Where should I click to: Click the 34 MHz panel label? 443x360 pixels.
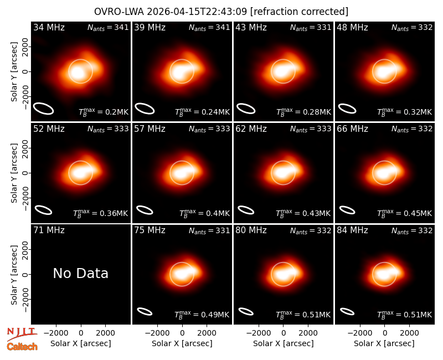point(49,27)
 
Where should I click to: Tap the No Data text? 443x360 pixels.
point(80,273)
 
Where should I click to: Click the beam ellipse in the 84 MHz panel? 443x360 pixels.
point(347,311)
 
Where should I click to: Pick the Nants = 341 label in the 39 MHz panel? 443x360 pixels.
point(209,27)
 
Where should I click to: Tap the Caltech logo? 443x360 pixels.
point(22,347)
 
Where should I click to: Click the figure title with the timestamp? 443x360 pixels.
point(221,12)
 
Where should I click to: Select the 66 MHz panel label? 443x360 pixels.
point(352,129)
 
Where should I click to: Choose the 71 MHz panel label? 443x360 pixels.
point(49,230)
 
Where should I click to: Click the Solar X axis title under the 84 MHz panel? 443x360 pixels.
point(384,343)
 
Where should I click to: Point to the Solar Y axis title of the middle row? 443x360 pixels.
point(14,173)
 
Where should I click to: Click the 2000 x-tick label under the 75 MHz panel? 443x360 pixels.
point(207,333)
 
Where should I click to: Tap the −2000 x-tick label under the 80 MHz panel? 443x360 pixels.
point(259,333)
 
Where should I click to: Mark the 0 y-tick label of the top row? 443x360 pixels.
point(25,71)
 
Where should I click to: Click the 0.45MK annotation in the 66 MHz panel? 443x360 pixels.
point(405,213)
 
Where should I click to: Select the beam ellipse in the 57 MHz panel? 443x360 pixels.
point(145,210)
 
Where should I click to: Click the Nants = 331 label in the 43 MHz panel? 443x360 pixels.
point(311,27)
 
